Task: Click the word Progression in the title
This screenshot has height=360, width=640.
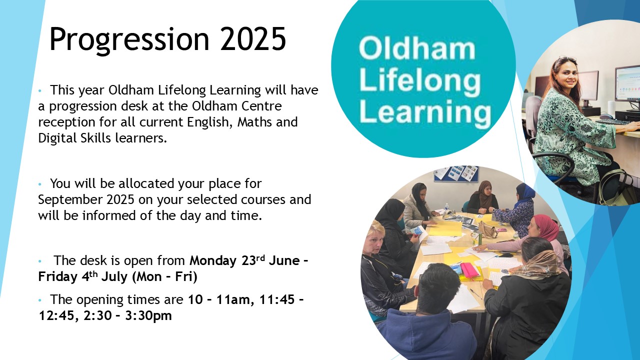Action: pyautogui.click(x=129, y=39)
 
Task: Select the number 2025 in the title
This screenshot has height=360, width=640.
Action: pyautogui.click(x=253, y=38)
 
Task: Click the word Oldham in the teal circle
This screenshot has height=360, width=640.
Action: pyautogui.click(x=417, y=49)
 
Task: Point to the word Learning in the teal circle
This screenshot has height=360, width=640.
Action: pyautogui.click(x=425, y=112)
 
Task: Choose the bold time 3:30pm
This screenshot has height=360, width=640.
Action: pyautogui.click(x=148, y=315)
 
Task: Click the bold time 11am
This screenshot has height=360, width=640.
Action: pyautogui.click(x=232, y=299)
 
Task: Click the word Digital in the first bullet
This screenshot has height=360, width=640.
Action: pyautogui.click(x=57, y=138)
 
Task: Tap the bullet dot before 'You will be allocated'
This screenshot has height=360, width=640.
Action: pyautogui.click(x=40, y=184)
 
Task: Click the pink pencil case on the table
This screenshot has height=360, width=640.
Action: pyautogui.click(x=469, y=269)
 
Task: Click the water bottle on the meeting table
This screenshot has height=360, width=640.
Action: pyautogui.click(x=447, y=207)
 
